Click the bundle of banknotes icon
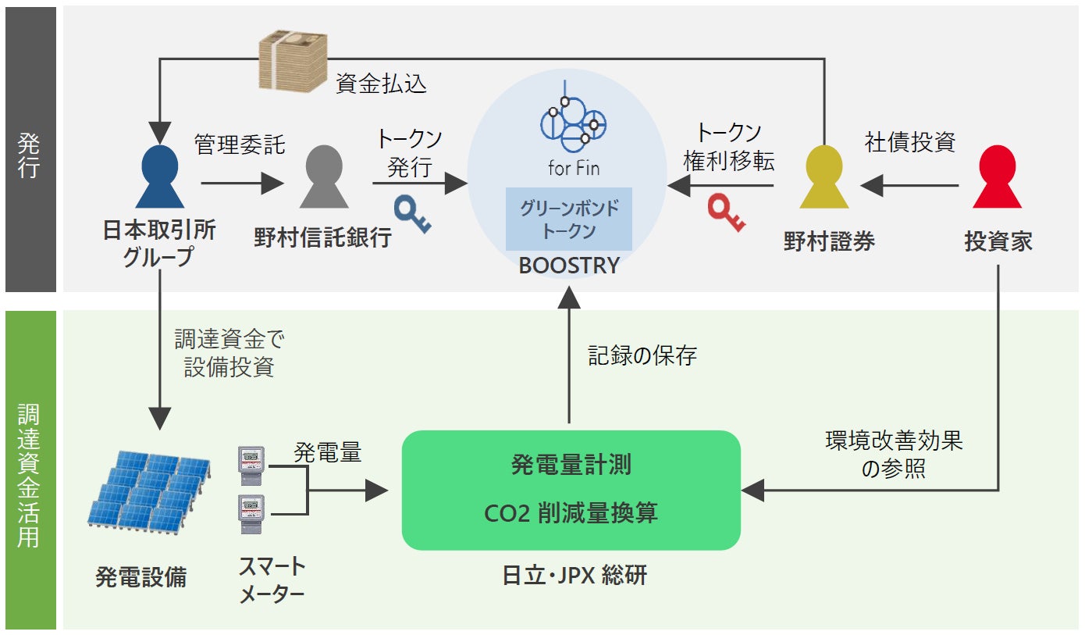click(x=292, y=63)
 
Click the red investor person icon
click(x=997, y=177)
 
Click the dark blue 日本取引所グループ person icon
click(x=159, y=177)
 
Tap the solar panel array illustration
click(x=149, y=490)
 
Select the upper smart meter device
click(x=251, y=465)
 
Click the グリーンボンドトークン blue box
click(x=569, y=219)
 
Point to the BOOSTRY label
click(x=569, y=266)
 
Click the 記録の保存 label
click(x=642, y=356)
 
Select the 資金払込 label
click(x=381, y=84)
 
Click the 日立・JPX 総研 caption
click(x=575, y=576)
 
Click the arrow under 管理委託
click(x=241, y=184)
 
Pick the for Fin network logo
click(x=574, y=126)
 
